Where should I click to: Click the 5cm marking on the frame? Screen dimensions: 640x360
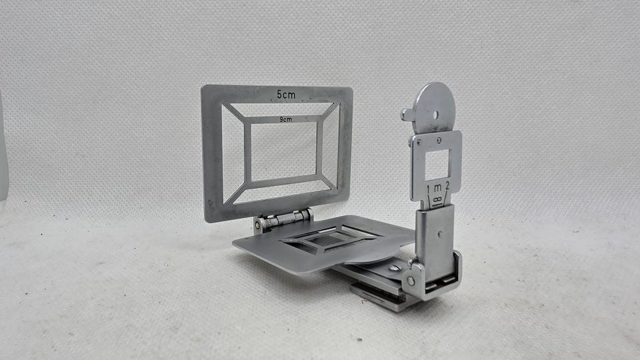coord(286,95)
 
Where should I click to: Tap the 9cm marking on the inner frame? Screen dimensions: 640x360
coord(286,119)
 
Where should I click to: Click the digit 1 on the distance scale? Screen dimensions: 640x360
coord(429,189)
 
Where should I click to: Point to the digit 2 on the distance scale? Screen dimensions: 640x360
coord(447,186)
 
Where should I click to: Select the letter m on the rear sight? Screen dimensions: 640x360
coord(437,188)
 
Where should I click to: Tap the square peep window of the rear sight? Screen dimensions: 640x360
coord(437,165)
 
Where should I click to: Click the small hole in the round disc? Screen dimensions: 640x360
coord(436,115)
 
